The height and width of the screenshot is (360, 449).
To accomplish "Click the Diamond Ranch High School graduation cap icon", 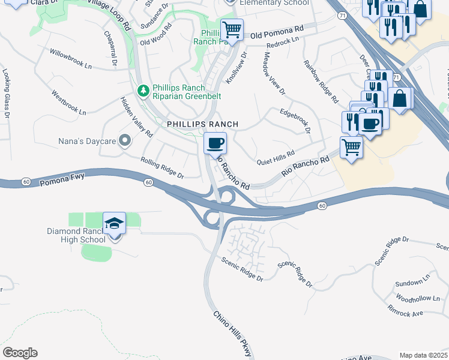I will pyautogui.click(x=114, y=223).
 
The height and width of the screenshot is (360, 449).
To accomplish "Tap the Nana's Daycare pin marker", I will pyautogui.click(x=125, y=141).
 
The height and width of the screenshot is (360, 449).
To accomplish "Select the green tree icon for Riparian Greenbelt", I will pyautogui.click(x=143, y=91).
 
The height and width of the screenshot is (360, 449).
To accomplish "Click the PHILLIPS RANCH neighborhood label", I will pyautogui.click(x=202, y=124).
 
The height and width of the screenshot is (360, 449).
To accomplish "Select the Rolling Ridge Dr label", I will pyautogui.click(x=162, y=168).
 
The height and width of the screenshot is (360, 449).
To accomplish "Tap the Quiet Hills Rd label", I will pyautogui.click(x=276, y=156).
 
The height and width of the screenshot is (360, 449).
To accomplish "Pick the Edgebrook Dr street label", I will pyautogui.click(x=295, y=121).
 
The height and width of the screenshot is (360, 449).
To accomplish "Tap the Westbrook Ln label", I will pyautogui.click(x=68, y=103).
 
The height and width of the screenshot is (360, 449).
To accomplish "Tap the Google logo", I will pyautogui.click(x=20, y=353).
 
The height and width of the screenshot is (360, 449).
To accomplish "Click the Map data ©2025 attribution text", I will pyautogui.click(x=423, y=355).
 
